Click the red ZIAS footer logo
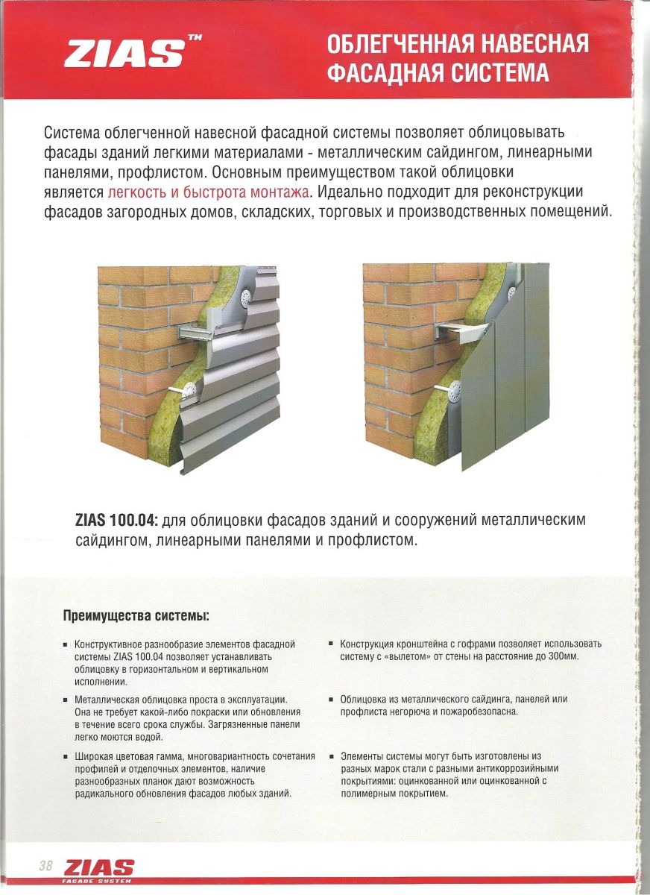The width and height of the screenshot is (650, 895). point(99,868)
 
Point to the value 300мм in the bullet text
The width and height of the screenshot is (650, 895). point(564,656)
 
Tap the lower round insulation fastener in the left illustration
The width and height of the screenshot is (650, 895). point(191,388)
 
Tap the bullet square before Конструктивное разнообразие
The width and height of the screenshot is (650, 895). point(66,644)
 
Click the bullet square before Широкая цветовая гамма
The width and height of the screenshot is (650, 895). point(66,756)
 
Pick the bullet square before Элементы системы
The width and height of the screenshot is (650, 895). point(331,756)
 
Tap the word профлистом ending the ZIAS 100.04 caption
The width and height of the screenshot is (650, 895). point(373,539)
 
